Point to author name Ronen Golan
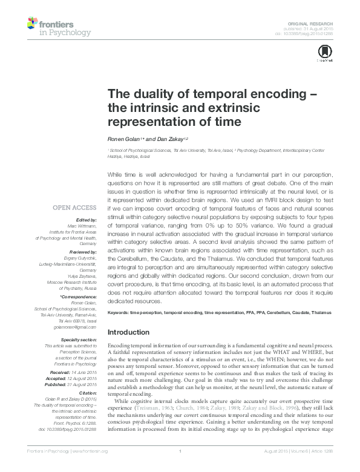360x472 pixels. coord(123,139)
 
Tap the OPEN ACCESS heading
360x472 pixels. coord(74,207)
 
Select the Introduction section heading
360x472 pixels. coord(133,332)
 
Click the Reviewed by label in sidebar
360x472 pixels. coord(83,250)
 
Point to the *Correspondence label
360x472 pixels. coord(79,298)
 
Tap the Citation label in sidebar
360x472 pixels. coord(87,393)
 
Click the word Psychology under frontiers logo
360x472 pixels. coord(70,31)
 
